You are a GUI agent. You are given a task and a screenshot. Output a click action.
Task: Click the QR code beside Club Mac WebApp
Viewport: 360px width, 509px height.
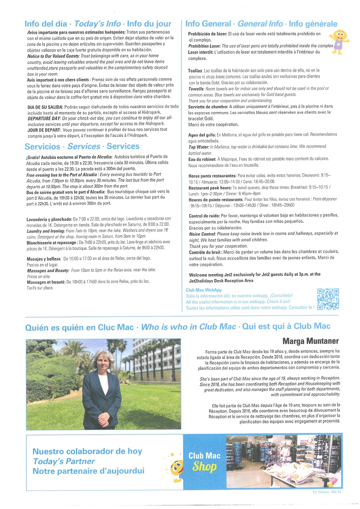coord(328,299)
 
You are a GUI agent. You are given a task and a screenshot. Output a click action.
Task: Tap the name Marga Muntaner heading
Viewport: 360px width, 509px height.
coord(311,341)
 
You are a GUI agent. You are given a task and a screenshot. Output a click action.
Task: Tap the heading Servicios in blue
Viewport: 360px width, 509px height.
coord(42,146)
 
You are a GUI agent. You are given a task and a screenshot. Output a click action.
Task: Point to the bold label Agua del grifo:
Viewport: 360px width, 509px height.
coord(202,135)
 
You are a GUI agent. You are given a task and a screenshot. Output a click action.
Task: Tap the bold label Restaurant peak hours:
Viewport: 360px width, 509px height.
coord(210,188)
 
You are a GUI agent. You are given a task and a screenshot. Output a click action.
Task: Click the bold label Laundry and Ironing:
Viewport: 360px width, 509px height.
coord(45,231)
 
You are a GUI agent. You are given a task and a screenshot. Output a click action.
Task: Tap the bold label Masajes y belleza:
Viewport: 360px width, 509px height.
coord(44,259)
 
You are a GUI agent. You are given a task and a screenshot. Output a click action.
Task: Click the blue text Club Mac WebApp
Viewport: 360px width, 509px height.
coord(204,290)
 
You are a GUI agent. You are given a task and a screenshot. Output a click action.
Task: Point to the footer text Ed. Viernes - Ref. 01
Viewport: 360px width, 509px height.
coord(326,492)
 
